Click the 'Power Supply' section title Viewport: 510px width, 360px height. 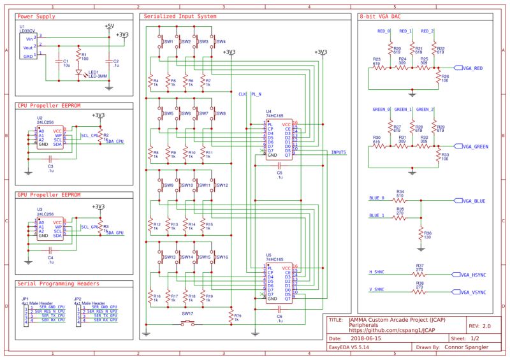coord(36,16)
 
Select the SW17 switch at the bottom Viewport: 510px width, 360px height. coord(187,322)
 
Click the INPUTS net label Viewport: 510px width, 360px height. coord(339,152)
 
